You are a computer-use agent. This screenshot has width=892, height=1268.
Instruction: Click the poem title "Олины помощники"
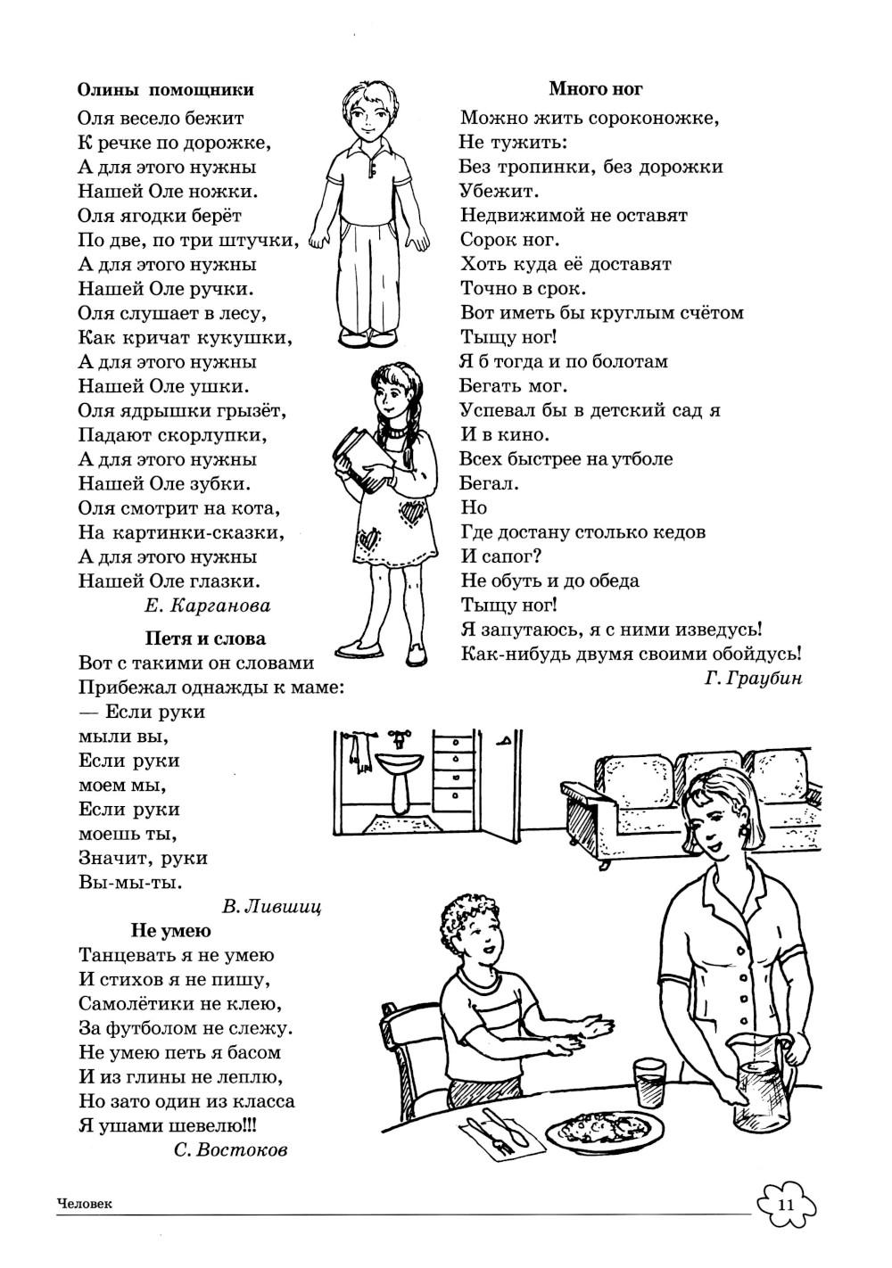[x=165, y=90]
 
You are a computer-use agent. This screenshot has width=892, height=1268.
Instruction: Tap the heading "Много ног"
[x=595, y=88]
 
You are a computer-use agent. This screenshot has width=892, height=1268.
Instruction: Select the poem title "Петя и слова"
[x=205, y=639]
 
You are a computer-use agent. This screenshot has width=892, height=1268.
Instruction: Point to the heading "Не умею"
[x=171, y=931]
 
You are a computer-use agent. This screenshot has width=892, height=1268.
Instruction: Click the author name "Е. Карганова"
[x=206, y=606]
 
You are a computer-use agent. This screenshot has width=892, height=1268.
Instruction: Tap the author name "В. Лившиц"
[x=270, y=908]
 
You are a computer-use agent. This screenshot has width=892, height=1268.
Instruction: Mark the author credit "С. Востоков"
[x=231, y=1150]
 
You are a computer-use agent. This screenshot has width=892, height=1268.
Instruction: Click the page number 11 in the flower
[x=785, y=1206]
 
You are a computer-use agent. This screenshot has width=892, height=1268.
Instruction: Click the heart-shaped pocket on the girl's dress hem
[x=368, y=540]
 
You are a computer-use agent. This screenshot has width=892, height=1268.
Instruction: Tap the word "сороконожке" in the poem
[x=657, y=118]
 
